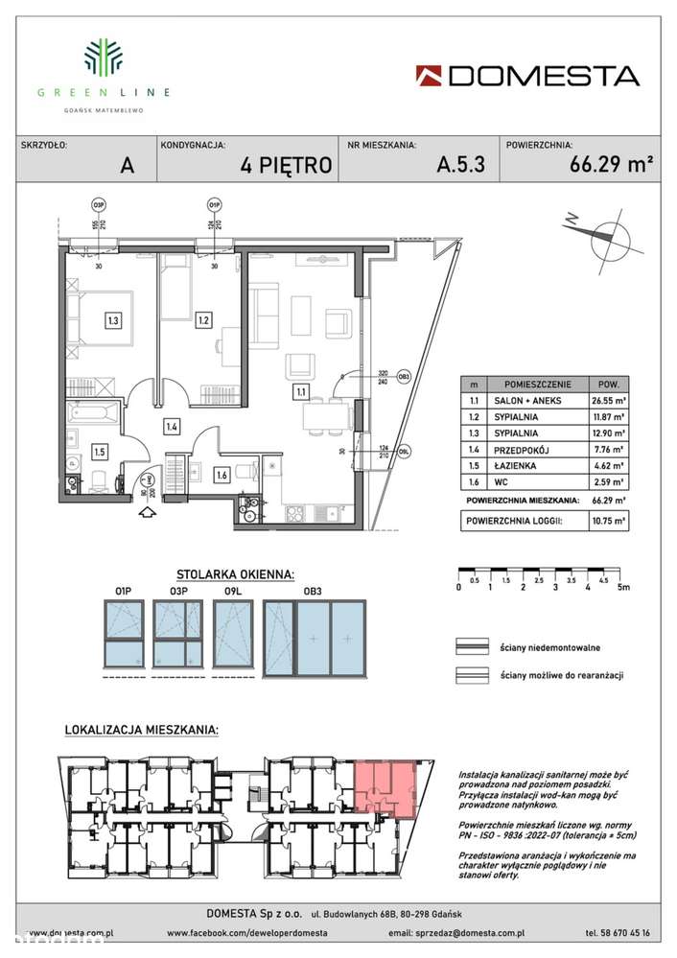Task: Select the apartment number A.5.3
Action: (x=460, y=164)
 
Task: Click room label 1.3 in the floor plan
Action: (x=113, y=320)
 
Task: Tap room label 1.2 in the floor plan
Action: (x=202, y=320)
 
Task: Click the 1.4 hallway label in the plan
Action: (x=172, y=427)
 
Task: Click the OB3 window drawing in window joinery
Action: (x=315, y=635)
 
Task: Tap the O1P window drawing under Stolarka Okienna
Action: (x=123, y=635)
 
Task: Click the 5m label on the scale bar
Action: (x=622, y=588)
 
